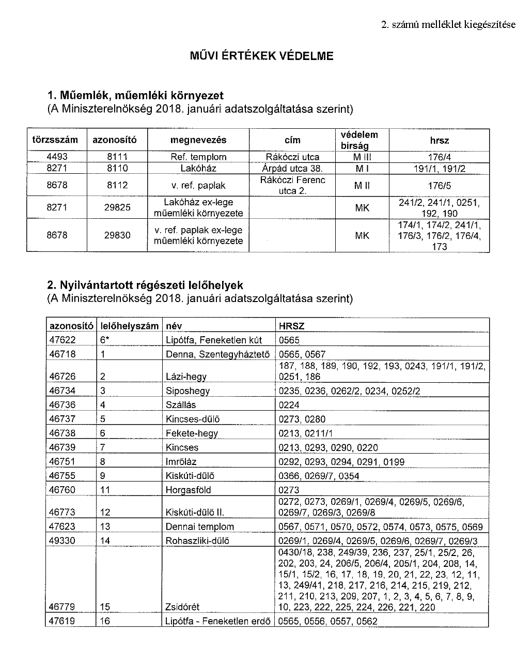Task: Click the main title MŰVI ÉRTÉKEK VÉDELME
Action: [x=262, y=56]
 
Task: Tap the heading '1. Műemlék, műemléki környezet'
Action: [x=135, y=96]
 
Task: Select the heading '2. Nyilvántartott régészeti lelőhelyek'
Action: [x=145, y=285]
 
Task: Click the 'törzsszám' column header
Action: [x=55, y=140]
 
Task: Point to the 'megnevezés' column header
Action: [x=198, y=140]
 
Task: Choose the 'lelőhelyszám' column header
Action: [x=129, y=325]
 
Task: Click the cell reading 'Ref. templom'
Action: [x=198, y=157]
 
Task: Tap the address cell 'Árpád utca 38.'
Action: [x=292, y=168]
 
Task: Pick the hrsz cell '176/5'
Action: [x=439, y=185]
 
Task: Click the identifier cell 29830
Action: [x=118, y=235]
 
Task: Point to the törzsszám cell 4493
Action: [x=57, y=157]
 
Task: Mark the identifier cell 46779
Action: [x=61, y=607]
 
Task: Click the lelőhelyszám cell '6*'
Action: [x=104, y=340]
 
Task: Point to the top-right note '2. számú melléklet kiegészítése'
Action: [x=448, y=24]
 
